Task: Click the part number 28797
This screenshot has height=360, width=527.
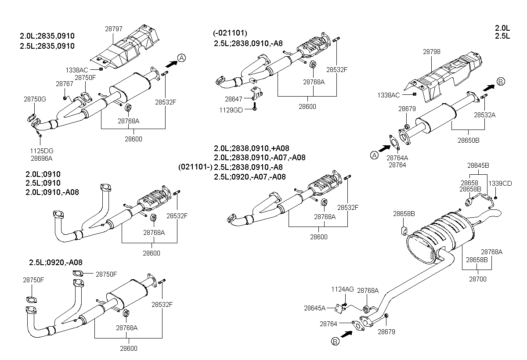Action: click(114, 29)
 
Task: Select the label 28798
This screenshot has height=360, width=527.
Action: click(431, 52)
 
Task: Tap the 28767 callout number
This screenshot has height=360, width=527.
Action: click(65, 84)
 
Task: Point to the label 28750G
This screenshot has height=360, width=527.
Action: click(35, 99)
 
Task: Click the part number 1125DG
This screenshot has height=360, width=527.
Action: click(42, 151)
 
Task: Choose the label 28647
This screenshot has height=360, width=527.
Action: click(233, 99)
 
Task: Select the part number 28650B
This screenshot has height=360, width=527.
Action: click(469, 140)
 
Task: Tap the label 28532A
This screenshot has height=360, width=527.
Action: click(485, 115)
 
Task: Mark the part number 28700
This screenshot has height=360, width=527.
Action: click(478, 279)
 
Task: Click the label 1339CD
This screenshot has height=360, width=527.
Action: click(500, 184)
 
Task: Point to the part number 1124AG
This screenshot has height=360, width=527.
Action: click(343, 289)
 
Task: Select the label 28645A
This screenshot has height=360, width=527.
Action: click(315, 308)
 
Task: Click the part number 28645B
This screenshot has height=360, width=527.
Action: click(478, 166)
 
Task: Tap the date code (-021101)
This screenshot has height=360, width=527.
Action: click(230, 33)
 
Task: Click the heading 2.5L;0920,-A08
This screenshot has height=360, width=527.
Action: click(56, 263)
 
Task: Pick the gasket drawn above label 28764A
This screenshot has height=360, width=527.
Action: click(394, 142)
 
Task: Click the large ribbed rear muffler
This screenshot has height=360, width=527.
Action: click(440, 238)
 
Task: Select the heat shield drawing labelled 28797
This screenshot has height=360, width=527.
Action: click(125, 47)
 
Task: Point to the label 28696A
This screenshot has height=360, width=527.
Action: click(42, 158)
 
